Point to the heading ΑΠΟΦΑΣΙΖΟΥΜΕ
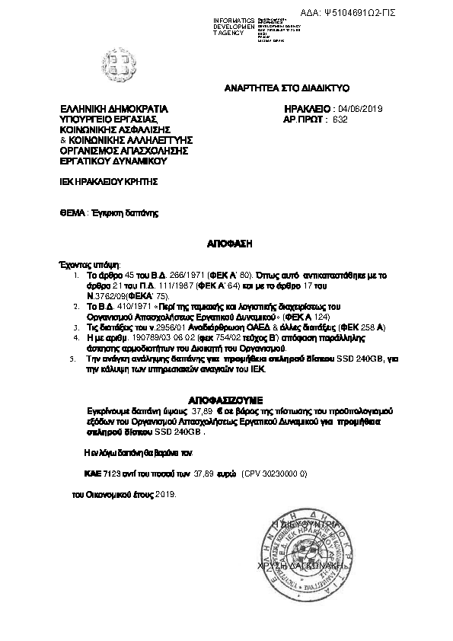click(225, 398)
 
